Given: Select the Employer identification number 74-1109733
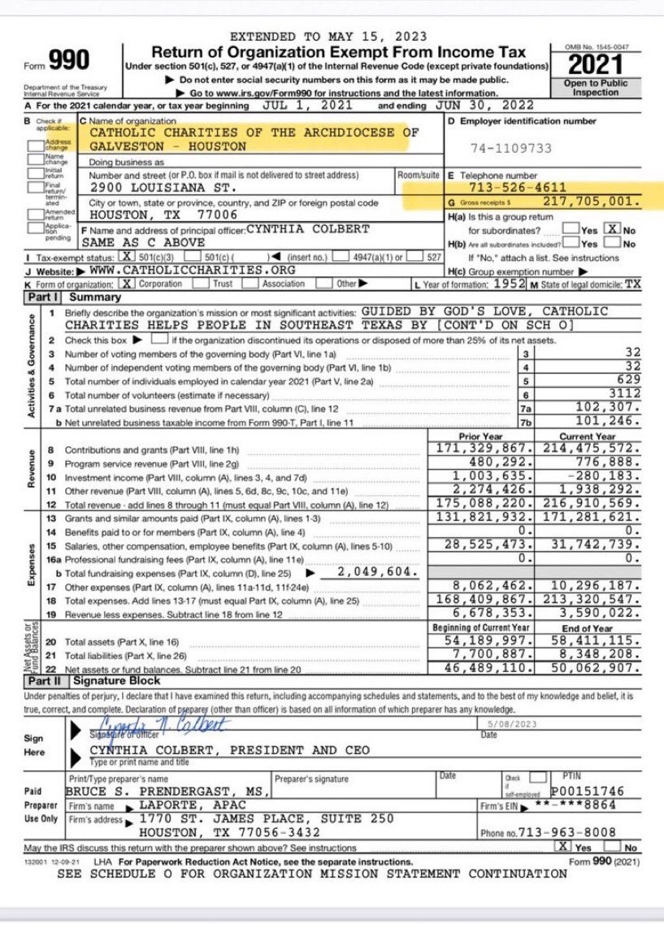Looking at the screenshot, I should pyautogui.click(x=511, y=148).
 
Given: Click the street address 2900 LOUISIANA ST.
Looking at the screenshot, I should pyautogui.click(x=148, y=187).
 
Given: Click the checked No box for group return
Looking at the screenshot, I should pyautogui.click(x=611, y=230).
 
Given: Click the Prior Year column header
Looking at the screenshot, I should pyautogui.click(x=480, y=436).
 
